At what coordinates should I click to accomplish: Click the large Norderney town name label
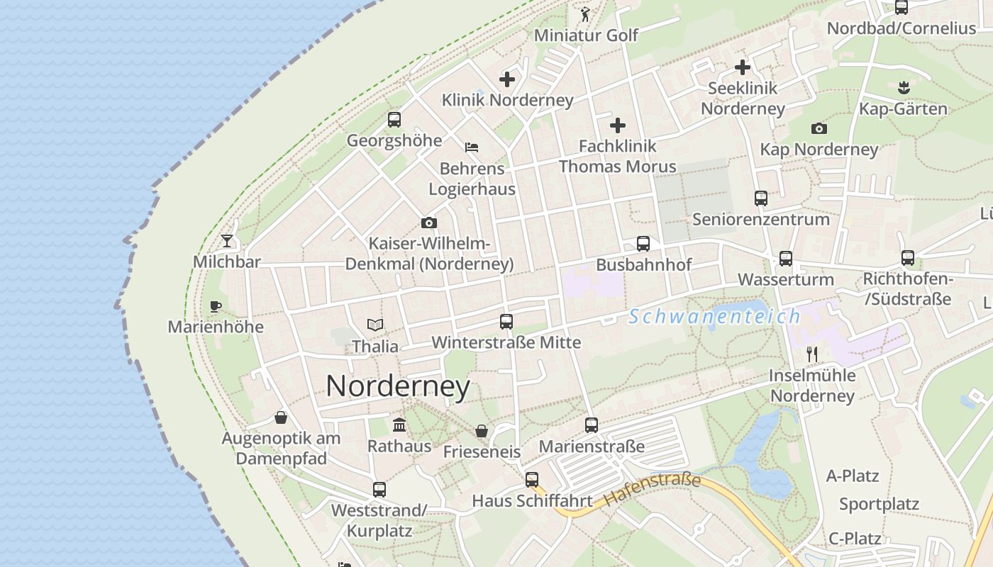click(398, 386)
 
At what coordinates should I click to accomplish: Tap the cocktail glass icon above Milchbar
click(226, 241)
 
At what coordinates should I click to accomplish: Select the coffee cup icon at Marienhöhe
click(216, 306)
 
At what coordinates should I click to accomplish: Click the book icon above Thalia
click(375, 325)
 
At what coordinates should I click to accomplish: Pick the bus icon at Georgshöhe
click(394, 120)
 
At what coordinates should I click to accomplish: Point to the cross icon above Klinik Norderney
click(507, 79)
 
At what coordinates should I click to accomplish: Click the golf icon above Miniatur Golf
click(585, 14)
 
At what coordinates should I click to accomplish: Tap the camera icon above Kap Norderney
click(819, 128)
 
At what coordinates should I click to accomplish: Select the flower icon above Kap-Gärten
click(903, 88)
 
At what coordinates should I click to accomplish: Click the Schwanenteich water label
click(714, 316)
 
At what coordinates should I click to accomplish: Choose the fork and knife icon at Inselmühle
click(812, 354)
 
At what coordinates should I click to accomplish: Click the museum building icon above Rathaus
click(399, 425)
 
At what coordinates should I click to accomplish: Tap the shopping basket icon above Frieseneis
click(482, 431)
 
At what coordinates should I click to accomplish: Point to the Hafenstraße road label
click(652, 490)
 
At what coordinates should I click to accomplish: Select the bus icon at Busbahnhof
click(643, 244)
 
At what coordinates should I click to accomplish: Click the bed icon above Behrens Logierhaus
click(472, 147)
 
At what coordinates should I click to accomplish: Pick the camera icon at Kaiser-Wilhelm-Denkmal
click(428, 223)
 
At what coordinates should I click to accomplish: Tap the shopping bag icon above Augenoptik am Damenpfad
click(281, 417)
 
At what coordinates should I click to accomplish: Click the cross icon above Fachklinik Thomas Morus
click(618, 125)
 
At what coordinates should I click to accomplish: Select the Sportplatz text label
click(879, 505)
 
